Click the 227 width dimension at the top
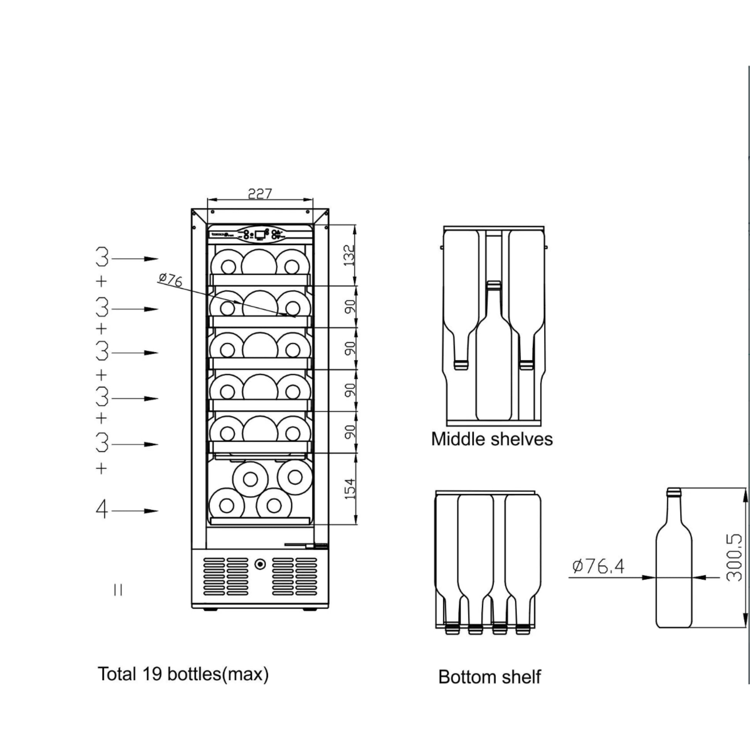[x=260, y=193]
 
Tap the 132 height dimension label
[x=350, y=255]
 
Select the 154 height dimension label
[x=350, y=489]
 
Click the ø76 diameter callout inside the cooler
[x=170, y=279]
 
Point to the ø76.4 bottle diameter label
[x=598, y=567]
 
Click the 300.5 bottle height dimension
[x=734, y=558]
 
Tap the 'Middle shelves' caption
[x=492, y=439]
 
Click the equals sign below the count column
[x=118, y=590]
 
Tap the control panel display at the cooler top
[x=260, y=234]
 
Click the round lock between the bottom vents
[x=260, y=564]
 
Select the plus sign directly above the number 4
[x=101, y=469]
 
